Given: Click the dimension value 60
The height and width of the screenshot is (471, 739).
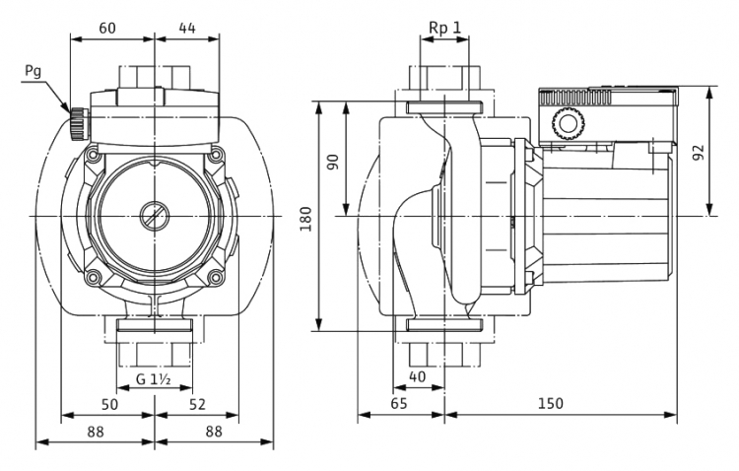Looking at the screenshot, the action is (x=107, y=29).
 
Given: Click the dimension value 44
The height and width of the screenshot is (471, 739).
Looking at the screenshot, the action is (x=186, y=29).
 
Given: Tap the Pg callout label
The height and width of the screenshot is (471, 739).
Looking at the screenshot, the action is (x=33, y=71).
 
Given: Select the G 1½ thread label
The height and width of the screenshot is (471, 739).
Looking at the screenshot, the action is (x=153, y=379).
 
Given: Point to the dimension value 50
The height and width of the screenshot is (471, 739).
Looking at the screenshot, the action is (x=109, y=405).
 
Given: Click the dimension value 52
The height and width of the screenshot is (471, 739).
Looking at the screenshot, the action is (x=197, y=405).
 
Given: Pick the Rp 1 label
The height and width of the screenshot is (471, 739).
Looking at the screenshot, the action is (x=444, y=28).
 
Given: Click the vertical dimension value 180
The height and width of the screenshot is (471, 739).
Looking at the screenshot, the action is (x=306, y=219).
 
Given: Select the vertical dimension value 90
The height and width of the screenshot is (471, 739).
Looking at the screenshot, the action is (x=333, y=163).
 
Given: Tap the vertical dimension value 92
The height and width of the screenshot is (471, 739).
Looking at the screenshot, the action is (x=699, y=152).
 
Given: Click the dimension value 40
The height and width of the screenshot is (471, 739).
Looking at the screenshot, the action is (x=417, y=376).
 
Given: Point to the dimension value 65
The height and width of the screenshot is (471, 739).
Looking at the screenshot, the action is (x=398, y=404).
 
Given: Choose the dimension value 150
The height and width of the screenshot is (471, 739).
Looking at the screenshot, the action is (x=551, y=404).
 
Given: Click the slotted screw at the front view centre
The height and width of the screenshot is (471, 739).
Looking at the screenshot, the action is (x=154, y=217).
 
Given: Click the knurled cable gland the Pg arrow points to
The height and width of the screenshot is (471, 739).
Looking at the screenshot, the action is (x=77, y=123).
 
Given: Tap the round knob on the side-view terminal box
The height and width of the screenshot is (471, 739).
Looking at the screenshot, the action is (x=569, y=124).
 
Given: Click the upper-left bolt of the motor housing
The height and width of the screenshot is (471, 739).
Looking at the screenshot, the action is (x=93, y=154).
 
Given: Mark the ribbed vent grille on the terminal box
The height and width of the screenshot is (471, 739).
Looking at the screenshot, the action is (x=575, y=98).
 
